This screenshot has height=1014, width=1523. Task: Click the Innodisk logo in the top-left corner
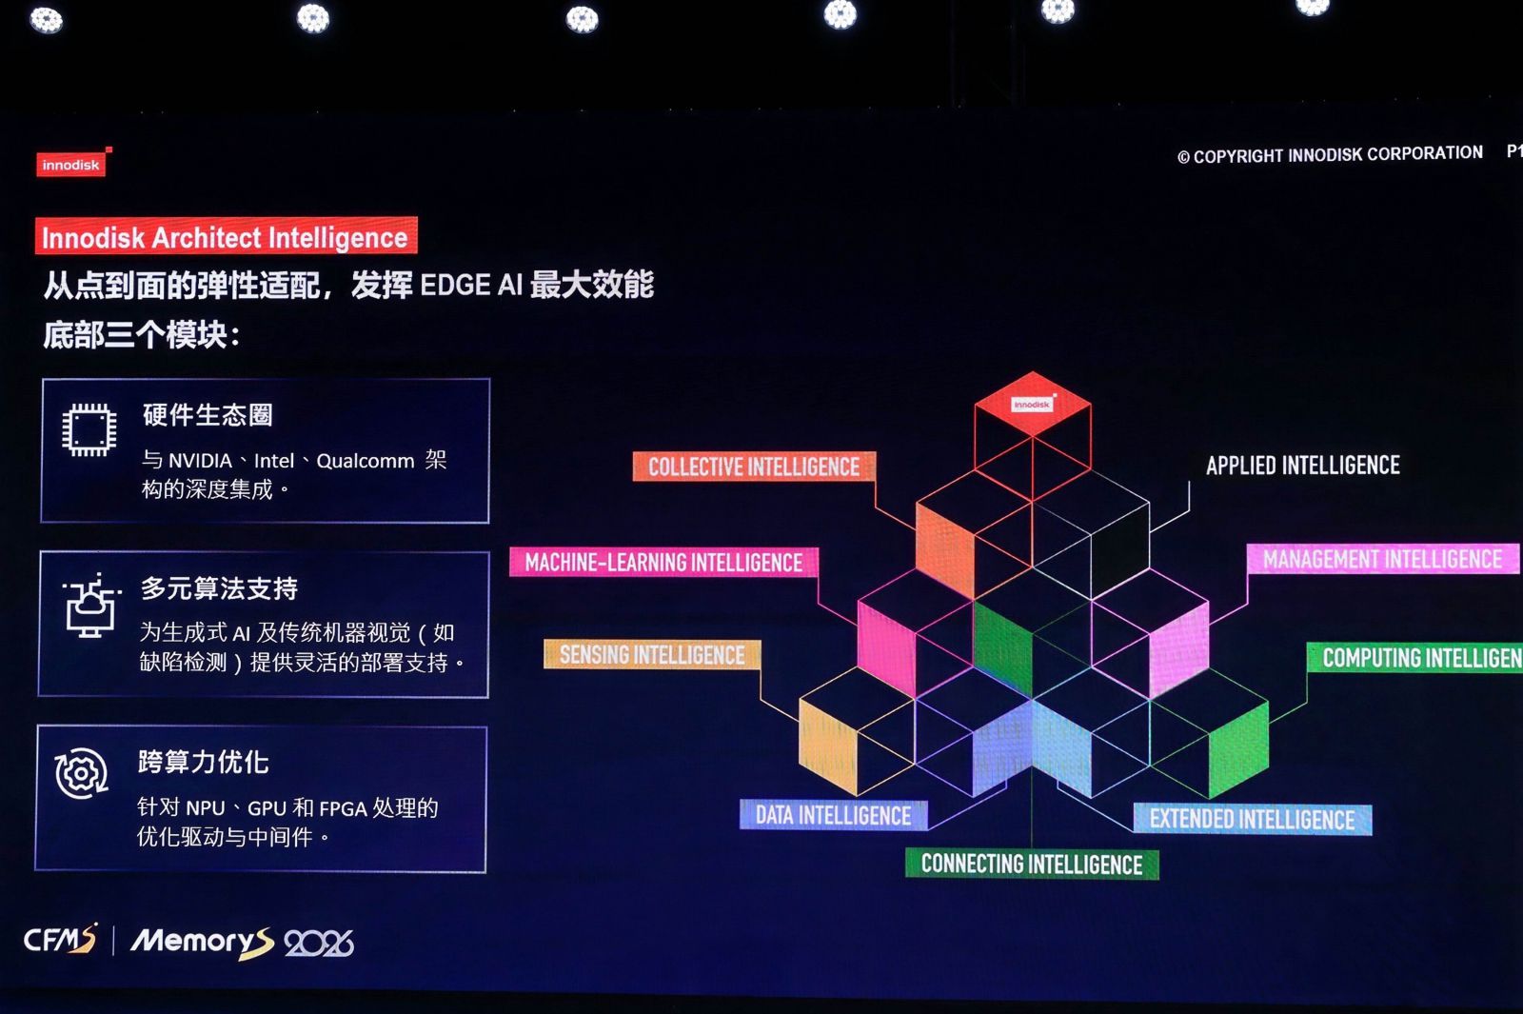pos(71,164)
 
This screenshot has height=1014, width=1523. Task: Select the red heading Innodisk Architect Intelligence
pos(225,237)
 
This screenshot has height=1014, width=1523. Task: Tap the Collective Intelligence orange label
pos(753,467)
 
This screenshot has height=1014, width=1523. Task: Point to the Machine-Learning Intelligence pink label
pos(663,563)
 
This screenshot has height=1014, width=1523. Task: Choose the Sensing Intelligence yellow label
pos(652,655)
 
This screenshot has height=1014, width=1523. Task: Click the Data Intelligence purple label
pos(833,816)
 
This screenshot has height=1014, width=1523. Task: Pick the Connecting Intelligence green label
pos(1032,865)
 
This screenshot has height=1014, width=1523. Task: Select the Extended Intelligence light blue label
pos(1252,820)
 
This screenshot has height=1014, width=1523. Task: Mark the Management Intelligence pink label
pos(1382,560)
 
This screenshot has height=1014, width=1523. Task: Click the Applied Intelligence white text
pos(1302,466)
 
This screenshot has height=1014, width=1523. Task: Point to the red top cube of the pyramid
pos(1033,406)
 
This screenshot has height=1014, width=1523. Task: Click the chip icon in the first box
pos(89,430)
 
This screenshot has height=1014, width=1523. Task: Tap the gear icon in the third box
pos(81,773)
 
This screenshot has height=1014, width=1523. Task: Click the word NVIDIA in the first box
pos(200,461)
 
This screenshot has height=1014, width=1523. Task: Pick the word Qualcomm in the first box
pos(365,461)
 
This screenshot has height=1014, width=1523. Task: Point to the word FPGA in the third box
pos(343,808)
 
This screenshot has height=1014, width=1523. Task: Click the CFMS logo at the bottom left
pos(60,941)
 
